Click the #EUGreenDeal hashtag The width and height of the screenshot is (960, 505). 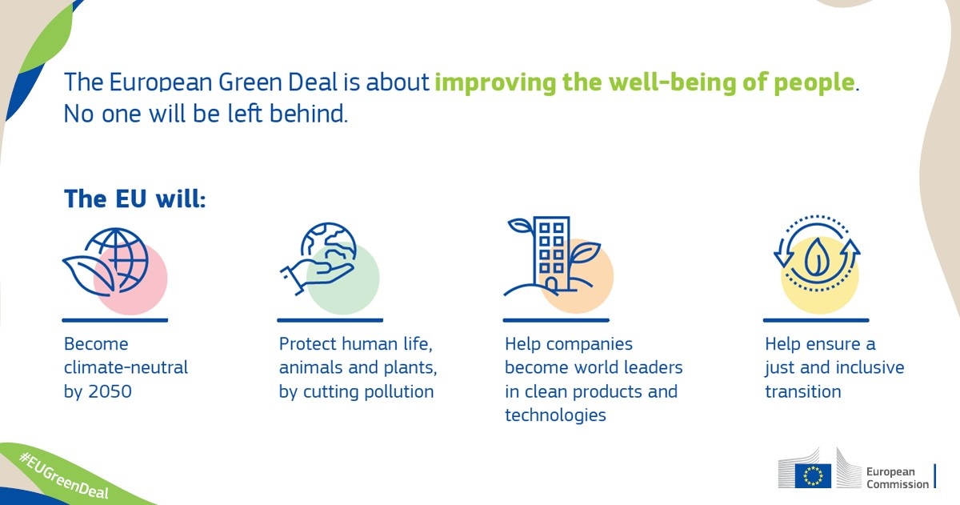pos(64,476)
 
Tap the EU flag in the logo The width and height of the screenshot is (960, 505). pos(813,476)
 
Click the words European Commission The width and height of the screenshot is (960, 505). pos(898,478)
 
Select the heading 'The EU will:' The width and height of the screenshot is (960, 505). pos(135,199)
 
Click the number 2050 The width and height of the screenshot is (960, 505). pos(110,391)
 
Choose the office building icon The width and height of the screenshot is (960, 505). pos(552,256)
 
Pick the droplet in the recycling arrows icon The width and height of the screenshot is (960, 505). pos(817,257)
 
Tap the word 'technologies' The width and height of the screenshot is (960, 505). pos(555,416)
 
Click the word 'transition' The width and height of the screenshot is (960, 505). pos(803,391)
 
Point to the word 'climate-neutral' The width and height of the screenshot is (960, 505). pos(126,367)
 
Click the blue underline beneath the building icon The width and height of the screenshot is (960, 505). pos(556,320)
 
